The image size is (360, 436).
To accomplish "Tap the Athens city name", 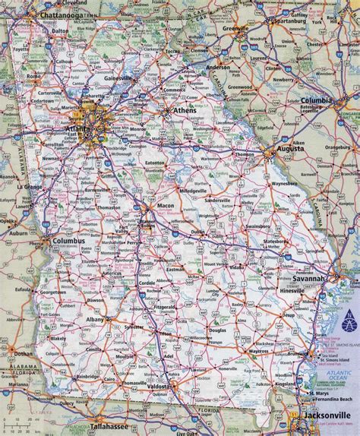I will coord(185,110).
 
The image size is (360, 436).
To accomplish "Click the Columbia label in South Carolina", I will coord(318,100).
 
